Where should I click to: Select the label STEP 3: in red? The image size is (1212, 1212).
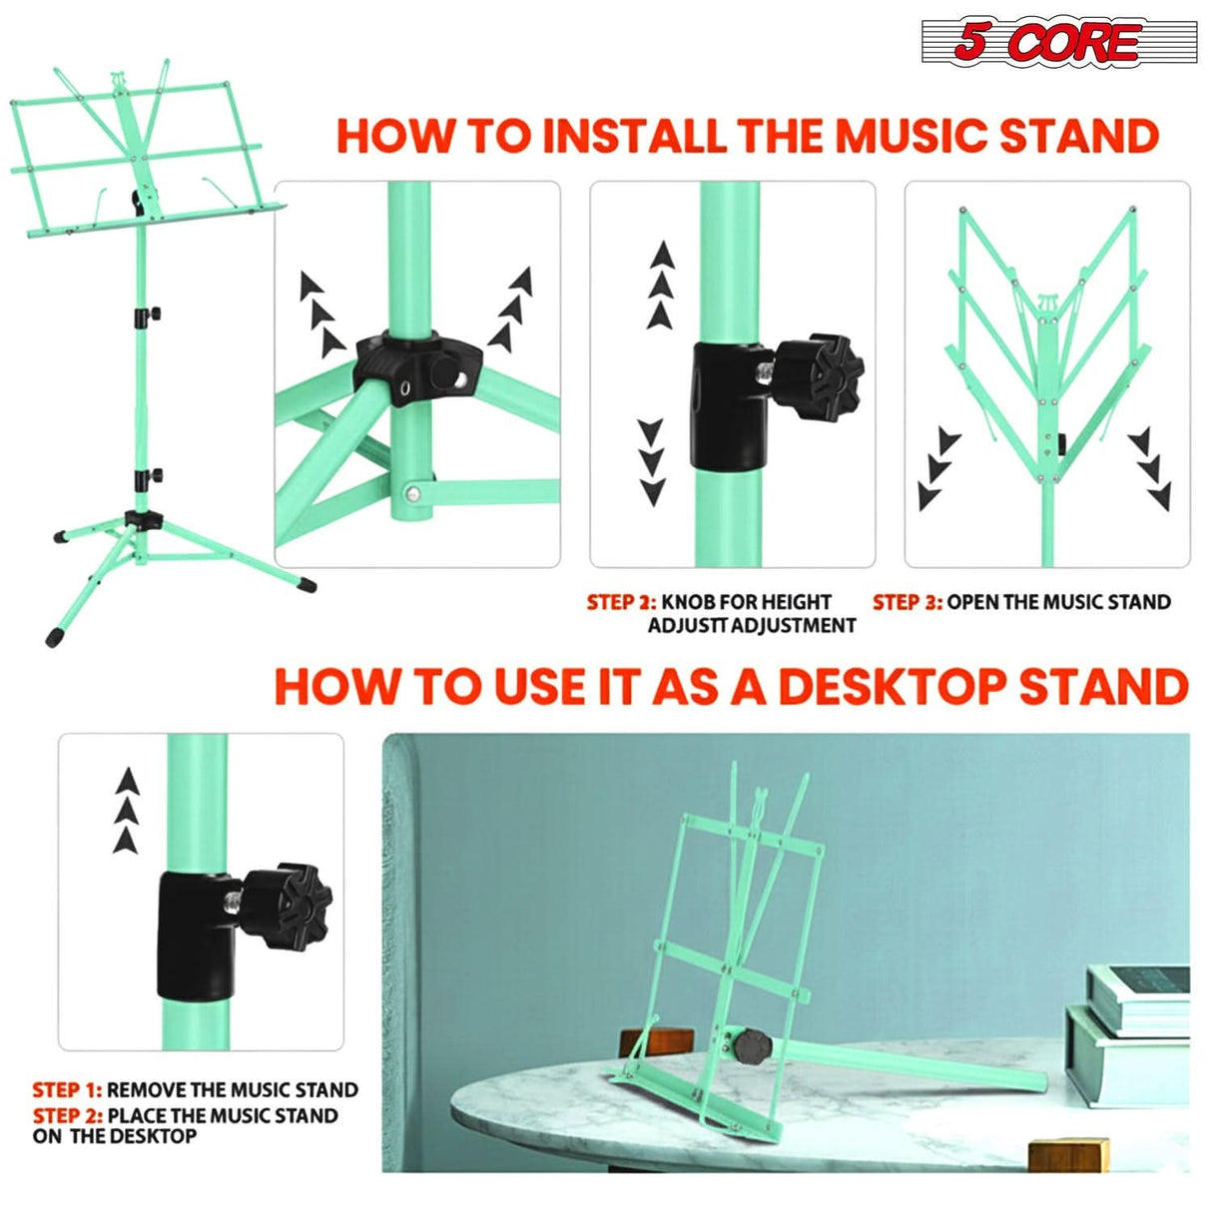pyautogui.click(x=907, y=602)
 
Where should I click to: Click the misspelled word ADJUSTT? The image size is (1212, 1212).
pyautogui.click(x=688, y=626)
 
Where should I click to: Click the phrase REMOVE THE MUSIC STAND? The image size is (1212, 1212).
pyautogui.click(x=232, y=1090)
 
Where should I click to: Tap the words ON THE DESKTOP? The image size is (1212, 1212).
pyautogui.click(x=115, y=1136)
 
